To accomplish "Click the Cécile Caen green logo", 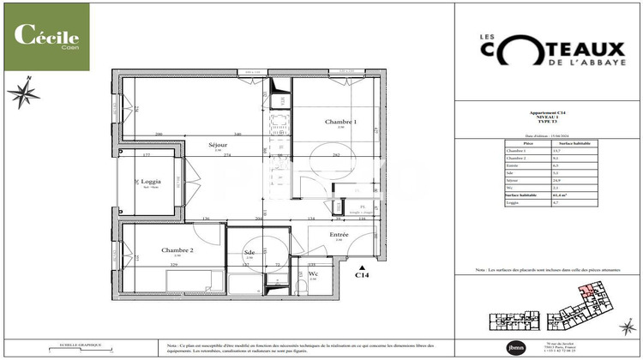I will pos(46,37).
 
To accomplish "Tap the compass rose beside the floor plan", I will pos(23,92).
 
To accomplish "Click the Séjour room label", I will pos(217,146).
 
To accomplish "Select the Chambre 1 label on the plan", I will pos(340,123).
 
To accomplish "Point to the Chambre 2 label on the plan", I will pos(177,250).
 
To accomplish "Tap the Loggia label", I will pos(151,182).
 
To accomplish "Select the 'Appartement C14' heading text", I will pos(549,112).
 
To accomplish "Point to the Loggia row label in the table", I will pos(514,202).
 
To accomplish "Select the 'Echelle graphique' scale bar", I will pos(79,347).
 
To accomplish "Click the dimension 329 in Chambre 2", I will pos(175,266).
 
